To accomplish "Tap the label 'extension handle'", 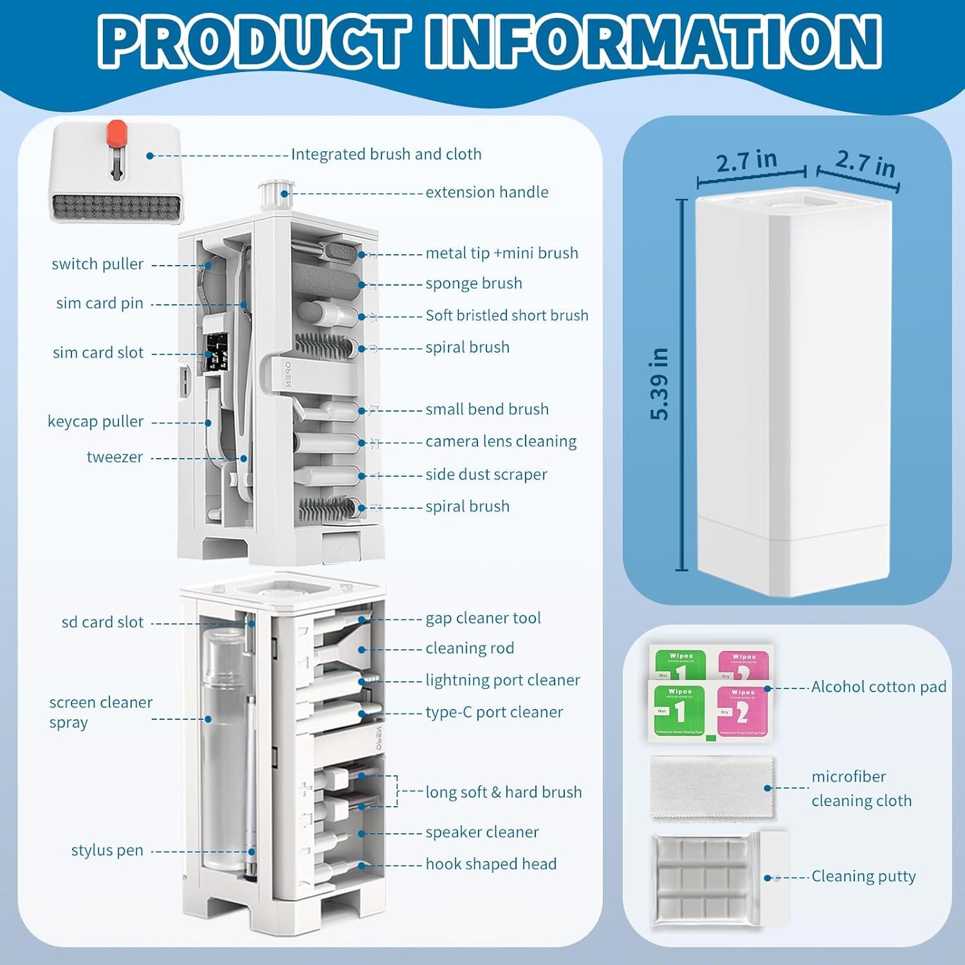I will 486,192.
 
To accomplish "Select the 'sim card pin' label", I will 100,303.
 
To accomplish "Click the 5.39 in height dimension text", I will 659,384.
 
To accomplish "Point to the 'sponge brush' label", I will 473,284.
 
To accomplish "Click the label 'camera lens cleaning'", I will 501,441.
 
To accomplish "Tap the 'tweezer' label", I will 115,457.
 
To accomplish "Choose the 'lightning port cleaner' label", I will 502,680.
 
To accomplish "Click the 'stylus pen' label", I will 107,850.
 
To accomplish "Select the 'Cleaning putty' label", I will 863,876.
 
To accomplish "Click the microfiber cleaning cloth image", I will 713,788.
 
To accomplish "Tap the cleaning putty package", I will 711,879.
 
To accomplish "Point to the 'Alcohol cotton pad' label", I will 878,687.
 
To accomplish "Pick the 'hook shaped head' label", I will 491,864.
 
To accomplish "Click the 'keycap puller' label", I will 95,421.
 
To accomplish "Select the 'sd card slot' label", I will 102,622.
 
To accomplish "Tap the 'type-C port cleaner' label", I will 493,712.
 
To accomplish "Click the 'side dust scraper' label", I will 486,475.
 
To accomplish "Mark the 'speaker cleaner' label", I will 482,832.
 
